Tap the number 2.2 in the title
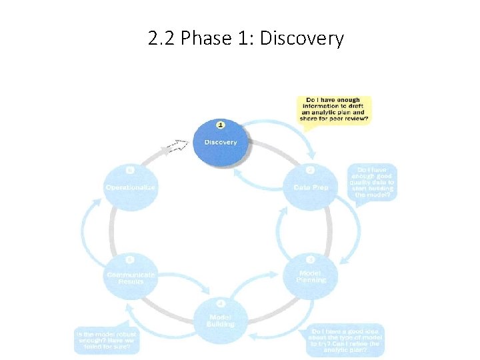point(162,39)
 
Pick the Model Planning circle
point(311,275)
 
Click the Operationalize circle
point(131,187)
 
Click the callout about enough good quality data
point(372,182)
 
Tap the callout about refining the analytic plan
point(347,340)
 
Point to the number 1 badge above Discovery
point(221,124)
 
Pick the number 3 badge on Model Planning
point(311,259)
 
